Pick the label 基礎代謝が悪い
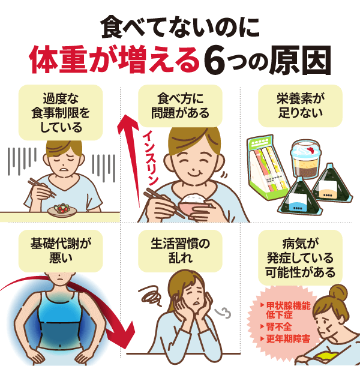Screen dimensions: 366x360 pos(60,252)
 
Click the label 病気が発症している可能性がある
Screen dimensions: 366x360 pos(300,259)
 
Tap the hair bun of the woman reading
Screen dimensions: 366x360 pos(337,293)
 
